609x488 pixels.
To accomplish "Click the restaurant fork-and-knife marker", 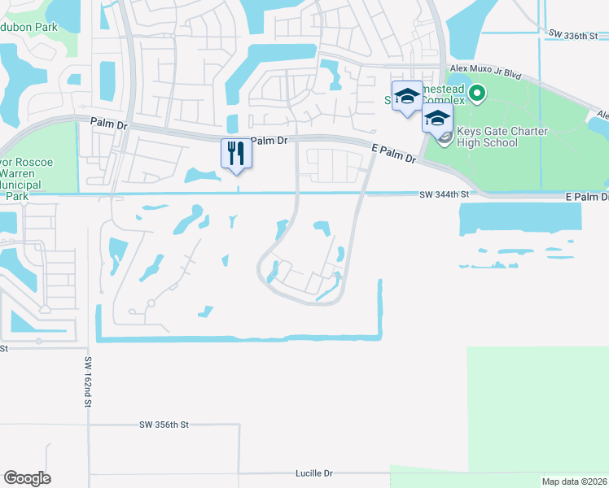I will coord(237,153).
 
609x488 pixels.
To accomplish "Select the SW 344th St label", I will coord(445,195).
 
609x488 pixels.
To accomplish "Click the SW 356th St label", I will coord(164,425).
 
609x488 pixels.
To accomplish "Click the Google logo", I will coord(27,478).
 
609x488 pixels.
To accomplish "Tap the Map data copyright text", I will coord(574,481).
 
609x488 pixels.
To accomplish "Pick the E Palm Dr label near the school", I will coord(393,155).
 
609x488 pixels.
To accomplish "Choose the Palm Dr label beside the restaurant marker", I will coord(269,141).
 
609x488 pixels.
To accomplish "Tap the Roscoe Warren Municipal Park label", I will coord(27,173).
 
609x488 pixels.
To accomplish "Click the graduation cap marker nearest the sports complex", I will coord(406,96).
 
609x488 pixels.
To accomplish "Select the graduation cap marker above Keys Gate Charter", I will coord(437,118).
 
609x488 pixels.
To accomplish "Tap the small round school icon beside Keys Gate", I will coord(445,137).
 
